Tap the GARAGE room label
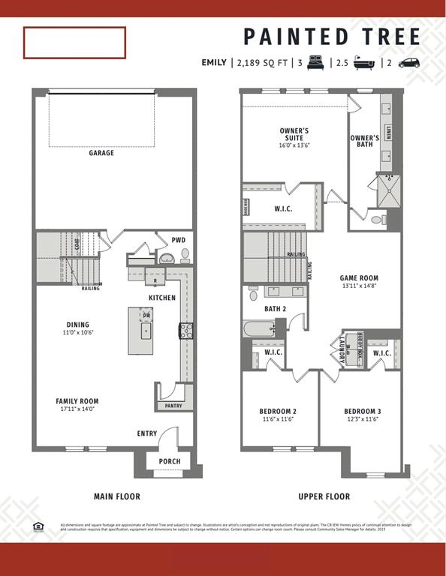tap(101, 153)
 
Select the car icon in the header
tap(409, 63)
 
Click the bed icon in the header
tap(315, 63)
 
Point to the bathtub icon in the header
tap(363, 63)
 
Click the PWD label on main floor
tap(178, 240)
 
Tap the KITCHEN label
tap(161, 298)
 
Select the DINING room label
tap(78, 325)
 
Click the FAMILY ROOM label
tap(77, 401)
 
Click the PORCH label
tap(169, 461)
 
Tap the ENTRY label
tap(147, 433)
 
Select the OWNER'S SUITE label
tap(294, 134)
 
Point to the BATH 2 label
tap(275, 308)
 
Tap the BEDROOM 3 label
tap(363, 411)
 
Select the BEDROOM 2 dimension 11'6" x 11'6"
tap(278, 420)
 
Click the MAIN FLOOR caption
tap(116, 496)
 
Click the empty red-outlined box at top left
tap(74, 43)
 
